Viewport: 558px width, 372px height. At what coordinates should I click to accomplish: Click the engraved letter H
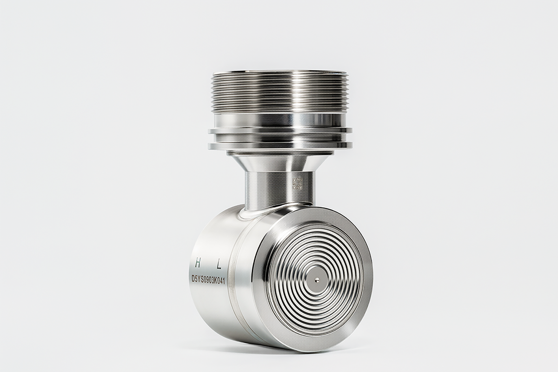[x=198, y=263]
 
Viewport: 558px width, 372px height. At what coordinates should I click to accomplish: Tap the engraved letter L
[x=219, y=265]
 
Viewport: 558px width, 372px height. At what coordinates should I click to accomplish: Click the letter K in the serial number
[x=217, y=281]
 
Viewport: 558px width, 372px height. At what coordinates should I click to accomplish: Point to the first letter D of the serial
[x=193, y=279]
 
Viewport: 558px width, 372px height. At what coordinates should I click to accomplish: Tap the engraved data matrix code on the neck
[x=298, y=184]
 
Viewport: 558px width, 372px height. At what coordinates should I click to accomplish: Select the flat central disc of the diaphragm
[x=316, y=280]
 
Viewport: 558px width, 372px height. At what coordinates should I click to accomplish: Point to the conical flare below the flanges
[x=280, y=163]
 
